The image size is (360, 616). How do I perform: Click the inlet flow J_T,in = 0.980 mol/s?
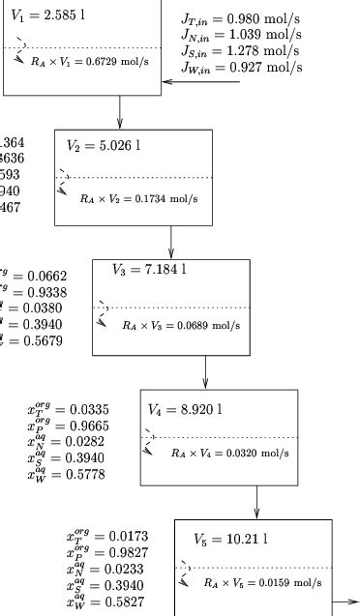pyautogui.click(x=241, y=19)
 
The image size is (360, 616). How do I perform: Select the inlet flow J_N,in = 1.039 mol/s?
pyautogui.click(x=241, y=35)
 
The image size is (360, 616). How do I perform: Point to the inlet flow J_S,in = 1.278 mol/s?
pyautogui.click(x=241, y=50)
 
